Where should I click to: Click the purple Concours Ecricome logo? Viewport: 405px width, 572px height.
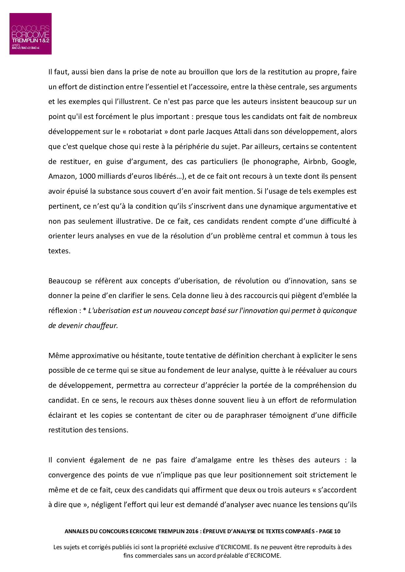pos(30,34)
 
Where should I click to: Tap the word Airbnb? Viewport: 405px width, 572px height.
pos(315,161)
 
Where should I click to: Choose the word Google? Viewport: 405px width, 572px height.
pos(345,161)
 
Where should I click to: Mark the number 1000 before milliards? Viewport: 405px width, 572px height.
pos(87,176)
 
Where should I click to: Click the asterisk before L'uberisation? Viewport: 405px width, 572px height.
pos(85,310)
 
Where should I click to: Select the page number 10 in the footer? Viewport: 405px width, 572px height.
pos(337,531)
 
